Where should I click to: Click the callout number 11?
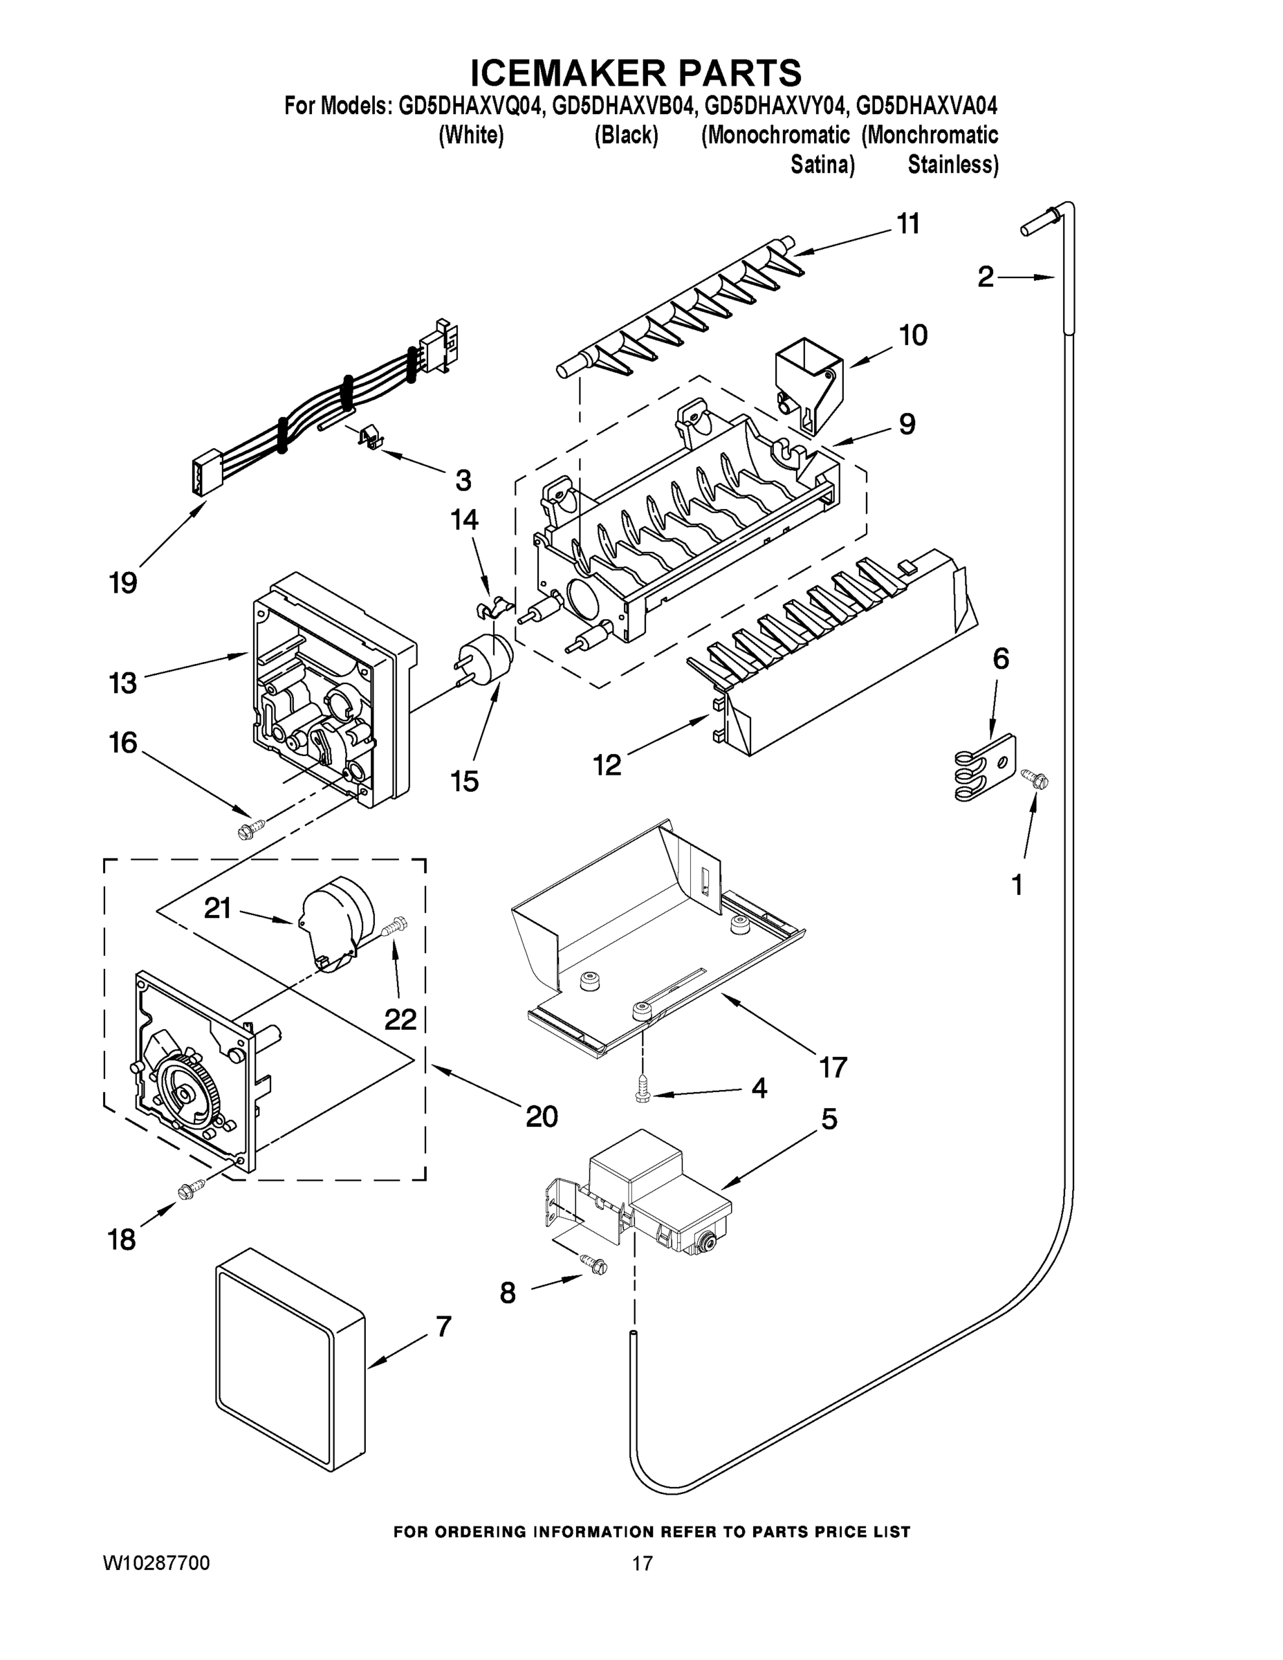click(x=907, y=224)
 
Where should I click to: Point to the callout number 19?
click(x=123, y=583)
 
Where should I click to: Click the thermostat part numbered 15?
click(x=486, y=659)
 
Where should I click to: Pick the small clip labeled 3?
click(x=369, y=439)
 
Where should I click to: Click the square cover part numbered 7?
click(x=289, y=1365)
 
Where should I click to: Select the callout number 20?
click(x=541, y=1116)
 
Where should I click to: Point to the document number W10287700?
click(x=156, y=1562)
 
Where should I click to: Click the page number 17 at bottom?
click(x=643, y=1562)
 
